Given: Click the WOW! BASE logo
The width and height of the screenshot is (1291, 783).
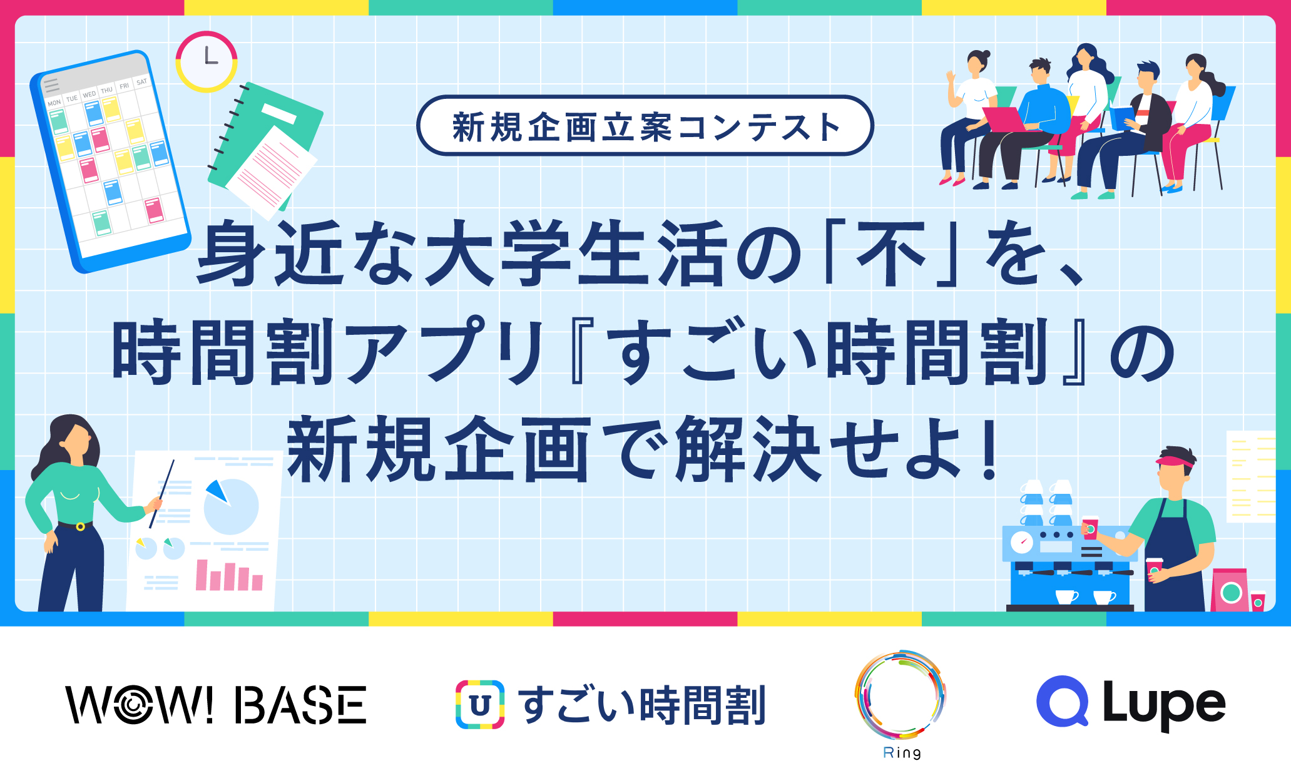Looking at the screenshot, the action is click(x=216, y=705).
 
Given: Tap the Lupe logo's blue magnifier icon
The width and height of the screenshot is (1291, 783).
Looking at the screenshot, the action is click(x=1063, y=701).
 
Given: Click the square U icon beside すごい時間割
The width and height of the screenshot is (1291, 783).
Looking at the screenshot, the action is click(x=480, y=705).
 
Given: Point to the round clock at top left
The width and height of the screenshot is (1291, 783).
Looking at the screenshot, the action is click(x=207, y=61).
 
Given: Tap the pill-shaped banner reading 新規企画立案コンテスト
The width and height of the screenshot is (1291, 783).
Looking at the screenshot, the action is click(x=645, y=126).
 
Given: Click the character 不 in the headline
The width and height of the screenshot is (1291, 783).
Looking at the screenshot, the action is click(x=892, y=253).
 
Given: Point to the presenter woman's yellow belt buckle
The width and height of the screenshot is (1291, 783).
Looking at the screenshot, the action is click(x=80, y=526).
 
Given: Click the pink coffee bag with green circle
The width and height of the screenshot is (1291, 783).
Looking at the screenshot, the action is click(x=1230, y=590).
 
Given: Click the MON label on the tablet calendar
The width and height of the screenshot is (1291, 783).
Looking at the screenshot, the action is click(x=54, y=103).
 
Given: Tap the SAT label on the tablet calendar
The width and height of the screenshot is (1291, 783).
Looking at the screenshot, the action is click(x=142, y=81).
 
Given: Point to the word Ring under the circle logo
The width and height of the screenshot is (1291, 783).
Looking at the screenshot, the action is click(x=902, y=753).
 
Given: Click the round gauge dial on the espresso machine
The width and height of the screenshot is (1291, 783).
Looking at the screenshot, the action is click(x=1022, y=542).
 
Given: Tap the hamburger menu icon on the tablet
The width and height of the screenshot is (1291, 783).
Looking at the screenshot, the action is click(x=51, y=85).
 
